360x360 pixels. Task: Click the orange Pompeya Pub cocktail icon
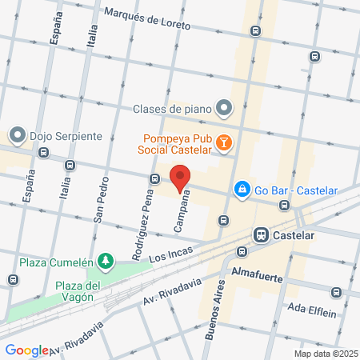click(x=225, y=142)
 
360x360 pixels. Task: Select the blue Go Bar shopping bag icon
click(x=240, y=190)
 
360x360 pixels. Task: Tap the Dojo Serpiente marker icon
click(x=18, y=134)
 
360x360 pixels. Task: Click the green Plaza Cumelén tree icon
click(x=105, y=261)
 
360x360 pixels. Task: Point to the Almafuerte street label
click(x=258, y=274)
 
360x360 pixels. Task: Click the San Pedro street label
click(x=100, y=210)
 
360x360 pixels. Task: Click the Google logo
click(x=26, y=350)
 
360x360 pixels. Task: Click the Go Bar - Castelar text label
click(x=296, y=190)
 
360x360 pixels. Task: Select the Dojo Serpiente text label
click(x=66, y=135)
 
